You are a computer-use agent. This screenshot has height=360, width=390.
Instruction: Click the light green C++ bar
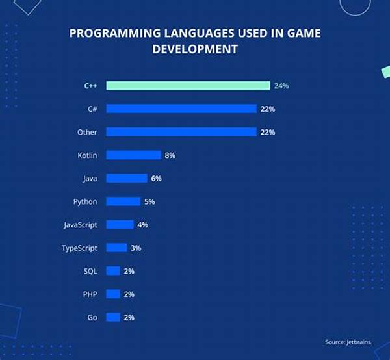(188, 85)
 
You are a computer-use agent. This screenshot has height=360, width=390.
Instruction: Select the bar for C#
(181, 109)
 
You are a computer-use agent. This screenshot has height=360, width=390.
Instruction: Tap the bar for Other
(181, 132)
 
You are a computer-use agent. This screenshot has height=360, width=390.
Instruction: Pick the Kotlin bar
(133, 155)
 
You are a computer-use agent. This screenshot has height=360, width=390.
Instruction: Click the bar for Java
(127, 178)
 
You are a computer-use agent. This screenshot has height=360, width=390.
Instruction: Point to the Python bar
(123, 201)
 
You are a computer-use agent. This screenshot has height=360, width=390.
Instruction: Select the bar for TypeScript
(116, 248)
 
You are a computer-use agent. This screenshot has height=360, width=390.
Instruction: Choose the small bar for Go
(113, 317)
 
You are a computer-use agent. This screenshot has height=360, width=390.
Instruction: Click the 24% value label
(282, 85)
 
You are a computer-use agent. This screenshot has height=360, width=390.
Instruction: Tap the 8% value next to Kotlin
(170, 155)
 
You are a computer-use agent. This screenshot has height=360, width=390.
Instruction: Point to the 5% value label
(149, 201)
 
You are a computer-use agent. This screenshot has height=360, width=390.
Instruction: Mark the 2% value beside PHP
(129, 294)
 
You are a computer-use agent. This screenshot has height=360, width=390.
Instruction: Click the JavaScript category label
(80, 225)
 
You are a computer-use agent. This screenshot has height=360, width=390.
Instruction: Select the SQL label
(90, 271)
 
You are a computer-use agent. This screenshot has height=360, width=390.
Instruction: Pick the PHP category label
(90, 294)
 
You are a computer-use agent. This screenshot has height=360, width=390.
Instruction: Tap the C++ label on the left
(90, 85)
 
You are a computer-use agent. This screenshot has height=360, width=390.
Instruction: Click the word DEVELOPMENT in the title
(195, 48)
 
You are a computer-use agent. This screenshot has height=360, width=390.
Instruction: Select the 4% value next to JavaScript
(143, 225)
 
